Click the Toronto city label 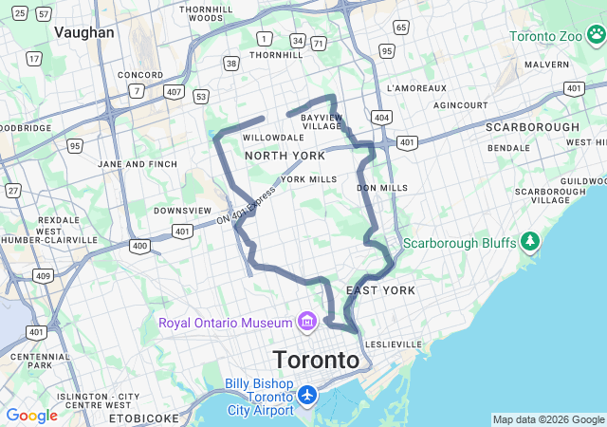[x=317, y=361]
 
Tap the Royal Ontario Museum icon [x=306, y=323]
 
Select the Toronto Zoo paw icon [x=596, y=36]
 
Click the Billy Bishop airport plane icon [x=307, y=394]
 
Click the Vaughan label [x=84, y=32]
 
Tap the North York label [x=285, y=156]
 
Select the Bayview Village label [x=321, y=121]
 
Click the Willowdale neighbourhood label [x=273, y=138]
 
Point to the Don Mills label [x=381, y=188]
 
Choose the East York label [x=368, y=289]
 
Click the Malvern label [x=546, y=65]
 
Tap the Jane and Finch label [x=138, y=164]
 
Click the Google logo [x=31, y=416]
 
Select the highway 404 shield [x=381, y=117]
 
